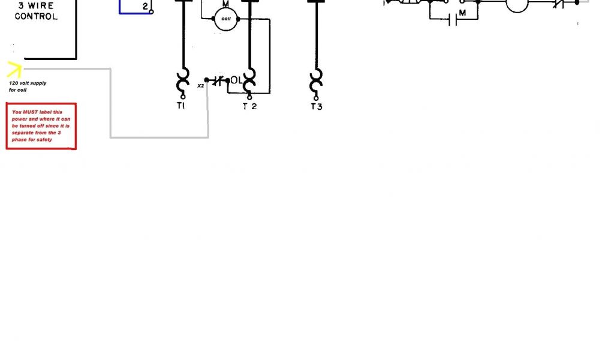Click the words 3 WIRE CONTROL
37,11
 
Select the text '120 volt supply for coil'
27,86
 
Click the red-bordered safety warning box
41,126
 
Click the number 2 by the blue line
145,7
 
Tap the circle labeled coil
226,19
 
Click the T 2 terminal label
249,107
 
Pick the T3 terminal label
316,107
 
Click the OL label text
236,80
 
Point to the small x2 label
200,86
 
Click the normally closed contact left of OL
217,80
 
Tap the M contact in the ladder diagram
455,20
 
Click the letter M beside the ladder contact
462,13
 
